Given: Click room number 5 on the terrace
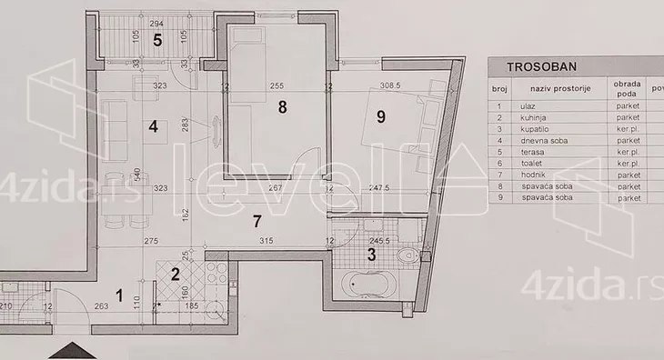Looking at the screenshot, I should click(157, 40).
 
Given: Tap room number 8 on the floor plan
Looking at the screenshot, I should click(283, 107).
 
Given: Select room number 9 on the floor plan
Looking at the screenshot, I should click(381, 115).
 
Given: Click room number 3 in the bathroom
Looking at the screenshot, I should click(370, 255).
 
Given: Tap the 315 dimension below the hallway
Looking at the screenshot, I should click(267, 240).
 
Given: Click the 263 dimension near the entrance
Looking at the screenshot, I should click(101, 306).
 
